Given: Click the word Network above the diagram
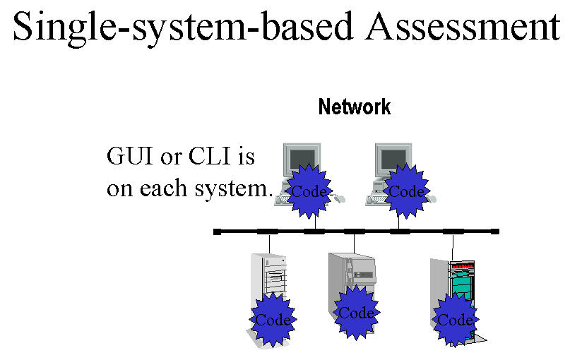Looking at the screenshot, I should click(x=355, y=107).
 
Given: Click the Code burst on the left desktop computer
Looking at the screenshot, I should click(x=309, y=191).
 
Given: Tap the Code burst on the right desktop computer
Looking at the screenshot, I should click(x=406, y=191).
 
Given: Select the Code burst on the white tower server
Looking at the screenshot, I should click(x=273, y=320).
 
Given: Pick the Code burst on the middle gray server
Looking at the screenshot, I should click(x=357, y=313).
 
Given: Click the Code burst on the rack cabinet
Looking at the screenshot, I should click(x=455, y=320).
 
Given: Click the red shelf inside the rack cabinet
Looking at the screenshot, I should click(x=462, y=268).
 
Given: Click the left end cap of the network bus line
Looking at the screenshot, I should click(x=218, y=232).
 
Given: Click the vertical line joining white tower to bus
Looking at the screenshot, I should click(x=269, y=244).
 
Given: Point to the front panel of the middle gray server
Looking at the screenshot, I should click(x=365, y=271).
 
